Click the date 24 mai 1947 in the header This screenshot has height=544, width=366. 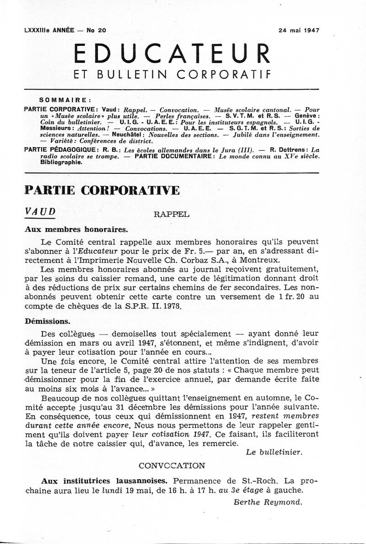coord(298,31)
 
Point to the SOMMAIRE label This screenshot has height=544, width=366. coord(65,99)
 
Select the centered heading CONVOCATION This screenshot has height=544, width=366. coord(172,466)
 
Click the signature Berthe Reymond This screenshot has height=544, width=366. coord(268,502)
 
